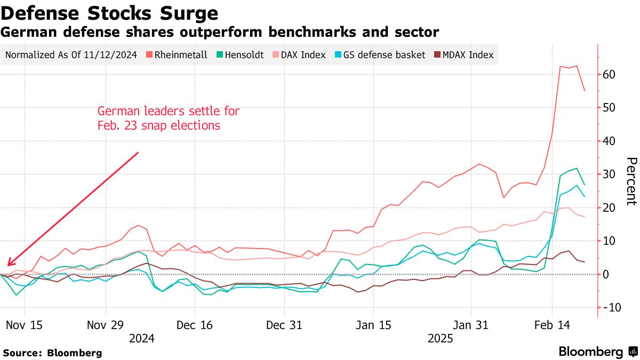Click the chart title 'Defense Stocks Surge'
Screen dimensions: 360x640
click(109, 13)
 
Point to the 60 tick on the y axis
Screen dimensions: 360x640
click(610, 75)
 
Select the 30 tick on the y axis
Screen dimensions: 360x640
click(610, 174)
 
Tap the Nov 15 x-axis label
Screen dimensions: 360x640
click(25, 325)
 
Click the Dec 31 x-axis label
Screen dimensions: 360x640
click(284, 325)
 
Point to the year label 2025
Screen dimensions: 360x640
click(440, 338)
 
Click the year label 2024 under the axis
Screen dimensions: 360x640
click(141, 338)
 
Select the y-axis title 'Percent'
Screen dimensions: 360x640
click(631, 181)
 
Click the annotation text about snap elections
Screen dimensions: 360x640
click(168, 118)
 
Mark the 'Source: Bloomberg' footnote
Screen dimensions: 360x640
click(52, 353)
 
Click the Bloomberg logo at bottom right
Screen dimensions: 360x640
click(597, 351)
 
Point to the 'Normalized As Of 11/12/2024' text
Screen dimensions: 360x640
click(71, 55)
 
